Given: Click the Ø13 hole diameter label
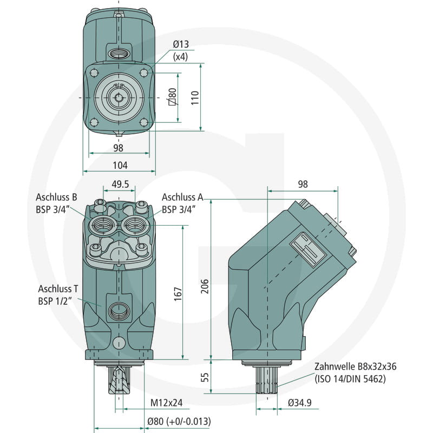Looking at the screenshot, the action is click(x=181, y=44).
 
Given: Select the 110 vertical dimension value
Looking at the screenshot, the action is click(x=195, y=97).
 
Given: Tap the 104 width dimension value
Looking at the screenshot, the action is click(x=120, y=166).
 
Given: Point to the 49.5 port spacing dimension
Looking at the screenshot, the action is click(x=120, y=184).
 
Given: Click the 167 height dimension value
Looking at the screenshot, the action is click(x=178, y=294).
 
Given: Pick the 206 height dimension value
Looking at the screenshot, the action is click(x=205, y=286).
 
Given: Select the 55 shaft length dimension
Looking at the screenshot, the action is click(x=205, y=377).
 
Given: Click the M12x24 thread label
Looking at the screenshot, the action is click(x=166, y=403).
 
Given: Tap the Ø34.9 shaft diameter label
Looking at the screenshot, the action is click(x=300, y=403).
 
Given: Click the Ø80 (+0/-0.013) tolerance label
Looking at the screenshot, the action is click(x=179, y=422).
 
